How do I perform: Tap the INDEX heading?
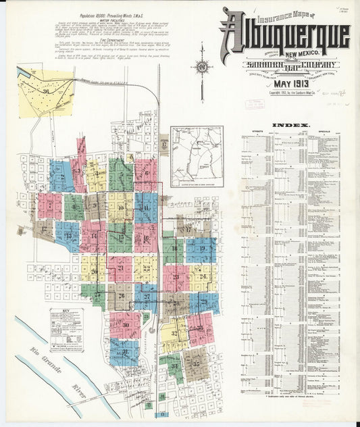[x=291, y=125]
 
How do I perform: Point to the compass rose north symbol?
[x=201, y=68]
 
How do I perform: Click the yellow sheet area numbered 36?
[x=45, y=91]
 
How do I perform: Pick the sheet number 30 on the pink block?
[x=126, y=325]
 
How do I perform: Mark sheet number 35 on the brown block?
[x=197, y=364]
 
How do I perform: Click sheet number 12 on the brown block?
[x=45, y=229]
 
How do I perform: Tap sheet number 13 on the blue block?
[x=68, y=236]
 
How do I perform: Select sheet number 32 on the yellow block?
[x=174, y=333]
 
